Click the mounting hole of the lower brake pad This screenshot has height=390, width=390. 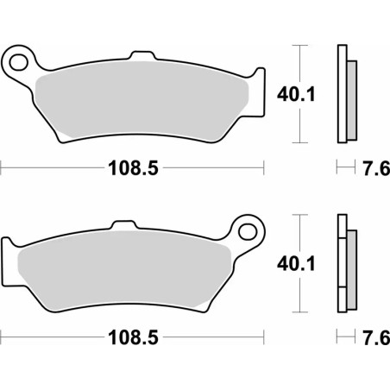248,232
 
